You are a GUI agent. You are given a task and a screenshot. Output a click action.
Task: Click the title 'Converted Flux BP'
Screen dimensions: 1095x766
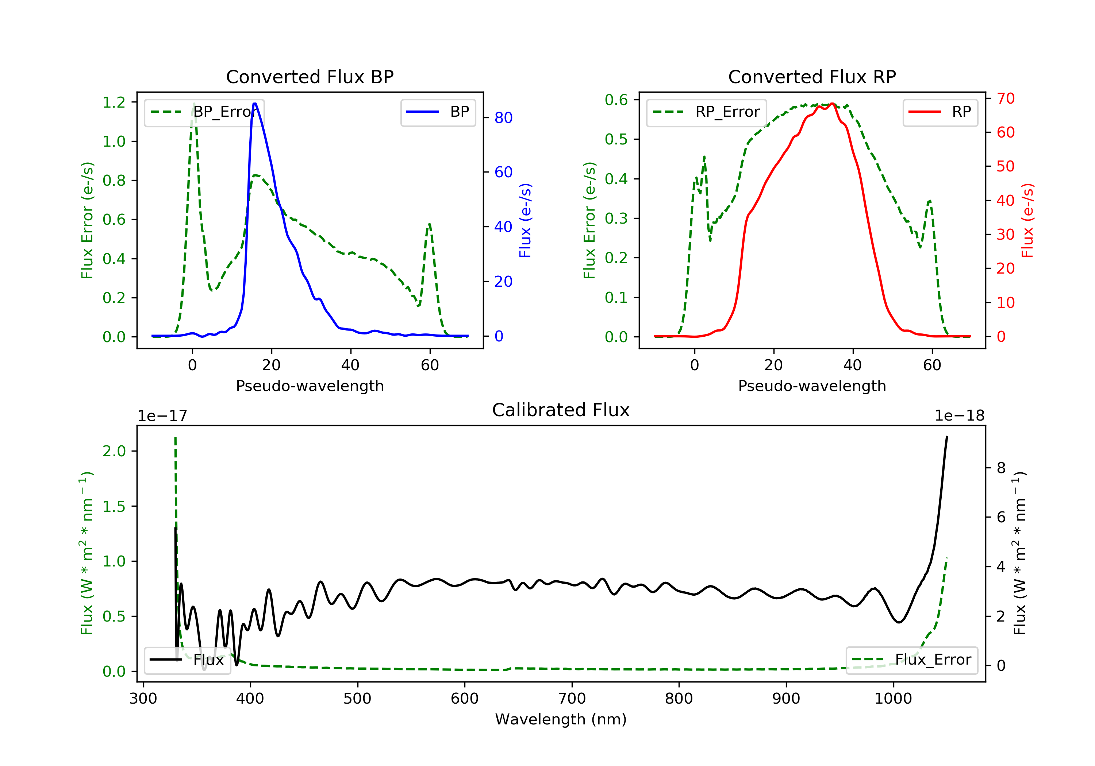pyautogui.click(x=310, y=77)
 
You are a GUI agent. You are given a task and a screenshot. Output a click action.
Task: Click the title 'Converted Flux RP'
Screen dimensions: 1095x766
pyautogui.click(x=812, y=77)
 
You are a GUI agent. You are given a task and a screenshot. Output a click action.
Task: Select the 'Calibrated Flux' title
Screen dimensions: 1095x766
pyautogui.click(x=561, y=410)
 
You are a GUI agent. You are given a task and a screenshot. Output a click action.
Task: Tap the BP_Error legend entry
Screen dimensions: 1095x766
pyautogui.click(x=204, y=112)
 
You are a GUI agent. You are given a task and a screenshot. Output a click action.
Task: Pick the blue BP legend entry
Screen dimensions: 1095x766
pyautogui.click(x=438, y=112)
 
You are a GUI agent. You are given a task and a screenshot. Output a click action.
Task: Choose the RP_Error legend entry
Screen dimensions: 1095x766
pyautogui.click(x=706, y=112)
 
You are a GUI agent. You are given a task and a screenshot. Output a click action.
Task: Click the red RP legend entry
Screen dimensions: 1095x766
pyautogui.click(x=940, y=112)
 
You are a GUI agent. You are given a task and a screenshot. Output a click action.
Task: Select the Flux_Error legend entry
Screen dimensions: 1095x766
pyautogui.click(x=911, y=660)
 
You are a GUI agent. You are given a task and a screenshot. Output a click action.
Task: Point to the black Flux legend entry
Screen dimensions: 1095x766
pyautogui.click(x=187, y=660)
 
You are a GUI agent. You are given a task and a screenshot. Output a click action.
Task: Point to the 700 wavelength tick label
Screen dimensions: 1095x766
pyautogui.click(x=572, y=699)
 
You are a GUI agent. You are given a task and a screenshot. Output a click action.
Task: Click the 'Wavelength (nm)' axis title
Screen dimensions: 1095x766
pyautogui.click(x=561, y=719)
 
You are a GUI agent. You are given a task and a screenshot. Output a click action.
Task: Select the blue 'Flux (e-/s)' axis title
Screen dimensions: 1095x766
pyautogui.click(x=525, y=221)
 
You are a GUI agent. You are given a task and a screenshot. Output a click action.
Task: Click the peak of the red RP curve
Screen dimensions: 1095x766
pyautogui.click(x=832, y=104)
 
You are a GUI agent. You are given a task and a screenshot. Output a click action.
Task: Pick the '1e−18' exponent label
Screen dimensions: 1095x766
pyautogui.click(x=960, y=416)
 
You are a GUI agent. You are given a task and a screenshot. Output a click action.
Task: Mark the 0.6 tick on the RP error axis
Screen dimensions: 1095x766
pyautogui.click(x=616, y=100)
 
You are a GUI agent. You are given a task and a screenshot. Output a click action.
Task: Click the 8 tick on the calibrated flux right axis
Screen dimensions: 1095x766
pyautogui.click(x=1001, y=468)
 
